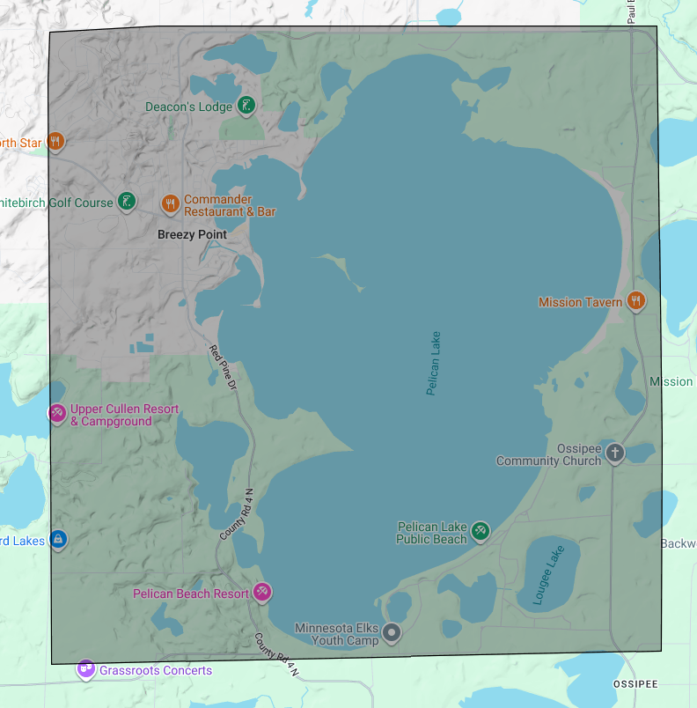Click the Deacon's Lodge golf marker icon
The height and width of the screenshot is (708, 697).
pos(247,106)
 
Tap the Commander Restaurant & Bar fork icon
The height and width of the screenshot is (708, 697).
pos(171,203)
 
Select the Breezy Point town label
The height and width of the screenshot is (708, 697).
pos(192,234)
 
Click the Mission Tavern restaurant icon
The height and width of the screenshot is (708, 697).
pos(635,301)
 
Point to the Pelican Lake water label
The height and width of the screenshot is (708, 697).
pos(433,363)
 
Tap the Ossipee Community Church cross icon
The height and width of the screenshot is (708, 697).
pos(614,454)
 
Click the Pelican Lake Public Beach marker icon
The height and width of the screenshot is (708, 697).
pos(480,530)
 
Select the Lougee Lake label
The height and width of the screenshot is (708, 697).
pos(550,574)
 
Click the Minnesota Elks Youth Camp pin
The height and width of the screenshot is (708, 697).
pos(393,632)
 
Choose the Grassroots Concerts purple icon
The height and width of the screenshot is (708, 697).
pos(85,669)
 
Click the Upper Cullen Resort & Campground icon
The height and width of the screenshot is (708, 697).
pos(57,413)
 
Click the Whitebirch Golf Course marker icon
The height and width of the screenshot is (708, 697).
pos(128,202)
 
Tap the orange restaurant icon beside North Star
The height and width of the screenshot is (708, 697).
pos(55,141)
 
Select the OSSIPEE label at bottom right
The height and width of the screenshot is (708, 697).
pos(635,684)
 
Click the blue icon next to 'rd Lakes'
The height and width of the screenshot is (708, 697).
pos(58,539)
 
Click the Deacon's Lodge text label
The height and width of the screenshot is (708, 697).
pos(188,107)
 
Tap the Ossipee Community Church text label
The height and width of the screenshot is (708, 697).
pos(548,454)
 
